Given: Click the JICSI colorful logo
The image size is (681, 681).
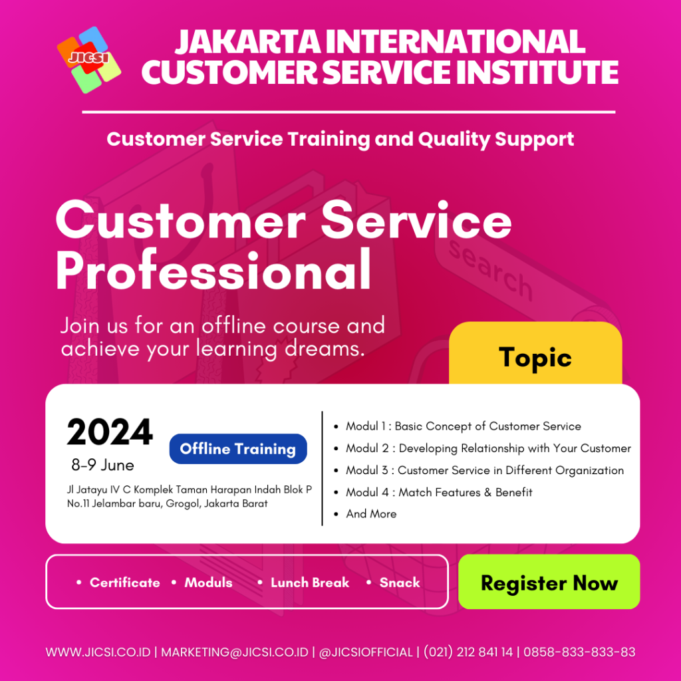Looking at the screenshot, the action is (89, 59).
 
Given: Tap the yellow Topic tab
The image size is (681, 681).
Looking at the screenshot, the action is (535, 354).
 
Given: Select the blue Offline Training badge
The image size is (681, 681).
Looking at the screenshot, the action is (238, 449).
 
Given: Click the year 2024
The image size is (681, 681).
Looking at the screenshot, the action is (110, 432).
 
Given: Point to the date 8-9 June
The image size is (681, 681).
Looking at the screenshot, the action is (103, 465).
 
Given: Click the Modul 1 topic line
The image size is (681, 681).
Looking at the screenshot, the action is (464, 426).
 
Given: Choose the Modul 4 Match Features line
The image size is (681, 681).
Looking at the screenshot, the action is (439, 492).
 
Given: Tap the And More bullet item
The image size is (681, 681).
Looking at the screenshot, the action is (371, 514).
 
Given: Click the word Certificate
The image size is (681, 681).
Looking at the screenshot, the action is (124, 583).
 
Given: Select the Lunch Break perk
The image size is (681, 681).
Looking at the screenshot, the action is (310, 583).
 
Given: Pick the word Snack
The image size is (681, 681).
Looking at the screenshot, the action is (400, 583).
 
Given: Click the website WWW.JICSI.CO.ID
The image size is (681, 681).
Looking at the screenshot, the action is (98, 652).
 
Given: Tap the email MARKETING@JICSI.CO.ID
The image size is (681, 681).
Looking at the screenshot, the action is (235, 652).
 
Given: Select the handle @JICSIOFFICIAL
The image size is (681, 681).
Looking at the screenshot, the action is (366, 652).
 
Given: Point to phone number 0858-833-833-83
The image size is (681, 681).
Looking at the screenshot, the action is (579, 652).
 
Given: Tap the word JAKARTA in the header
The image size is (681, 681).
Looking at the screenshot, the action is (248, 42).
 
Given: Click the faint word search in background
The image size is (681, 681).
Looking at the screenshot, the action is (491, 270).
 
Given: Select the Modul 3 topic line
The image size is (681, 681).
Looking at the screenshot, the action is (485, 470).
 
